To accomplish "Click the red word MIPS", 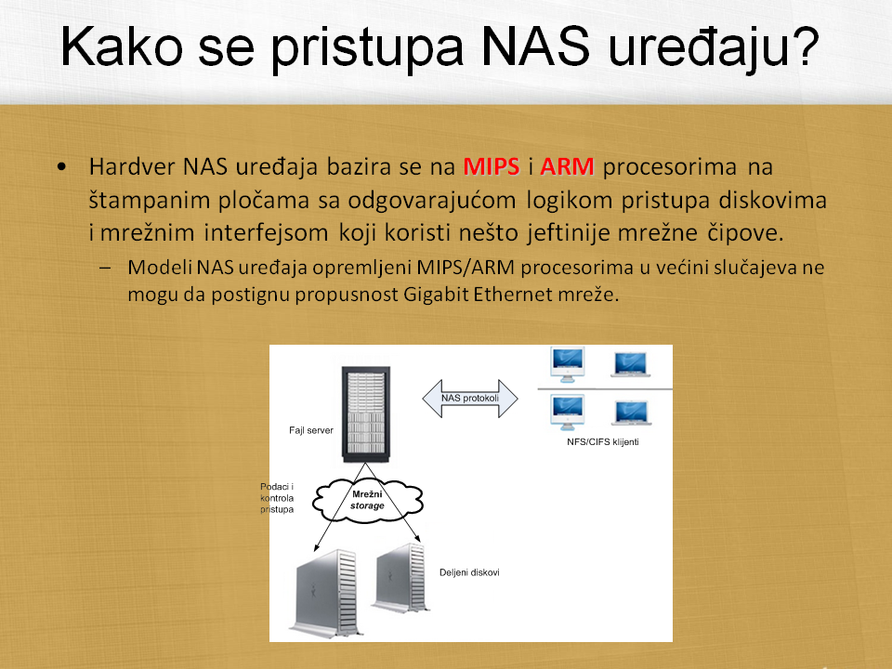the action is (492, 166).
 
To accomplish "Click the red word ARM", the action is (567, 166).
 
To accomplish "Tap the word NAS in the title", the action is (535, 46).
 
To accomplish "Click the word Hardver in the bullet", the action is (132, 166).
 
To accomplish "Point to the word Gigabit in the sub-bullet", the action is (435, 295).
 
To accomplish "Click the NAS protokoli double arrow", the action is (470, 399).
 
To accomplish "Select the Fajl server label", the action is (310, 430).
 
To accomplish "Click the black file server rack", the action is (366, 414).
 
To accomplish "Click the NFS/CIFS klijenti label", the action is (602, 442).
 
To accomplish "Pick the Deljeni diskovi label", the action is (469, 572).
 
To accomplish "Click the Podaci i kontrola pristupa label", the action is (277, 498).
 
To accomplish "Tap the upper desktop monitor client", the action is (567, 364).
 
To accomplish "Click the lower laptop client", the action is (632, 413).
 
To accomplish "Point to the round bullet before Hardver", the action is (61, 167).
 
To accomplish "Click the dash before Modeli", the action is (105, 268).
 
